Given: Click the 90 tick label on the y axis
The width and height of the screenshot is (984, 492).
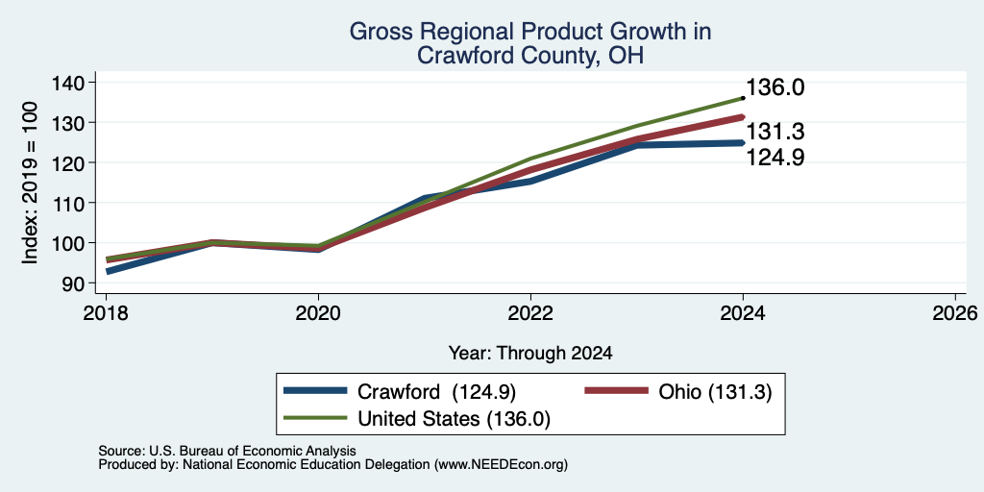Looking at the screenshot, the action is pyautogui.click(x=75, y=283).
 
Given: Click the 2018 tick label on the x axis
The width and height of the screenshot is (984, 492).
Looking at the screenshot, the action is pyautogui.click(x=106, y=312).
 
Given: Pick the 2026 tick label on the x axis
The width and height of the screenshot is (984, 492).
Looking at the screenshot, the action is pyautogui.click(x=955, y=312).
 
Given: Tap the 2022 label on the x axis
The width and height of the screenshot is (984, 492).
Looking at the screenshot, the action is pyautogui.click(x=530, y=312).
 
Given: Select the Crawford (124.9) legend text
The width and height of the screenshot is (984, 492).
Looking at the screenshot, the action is pyautogui.click(x=436, y=392).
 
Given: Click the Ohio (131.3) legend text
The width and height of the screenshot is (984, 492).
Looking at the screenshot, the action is pyautogui.click(x=715, y=392).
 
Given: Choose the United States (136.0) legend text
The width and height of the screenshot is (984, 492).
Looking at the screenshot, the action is pyautogui.click(x=454, y=419).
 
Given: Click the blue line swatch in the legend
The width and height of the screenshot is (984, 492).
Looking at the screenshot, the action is pyautogui.click(x=315, y=391).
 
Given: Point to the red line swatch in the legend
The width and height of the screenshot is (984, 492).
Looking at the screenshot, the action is pyautogui.click(x=616, y=391).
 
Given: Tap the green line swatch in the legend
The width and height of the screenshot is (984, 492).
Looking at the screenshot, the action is pyautogui.click(x=315, y=418).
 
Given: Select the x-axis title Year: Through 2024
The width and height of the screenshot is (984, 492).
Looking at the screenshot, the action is pyautogui.click(x=530, y=354).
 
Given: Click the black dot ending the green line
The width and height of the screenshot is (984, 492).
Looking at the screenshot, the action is pyautogui.click(x=743, y=98).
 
